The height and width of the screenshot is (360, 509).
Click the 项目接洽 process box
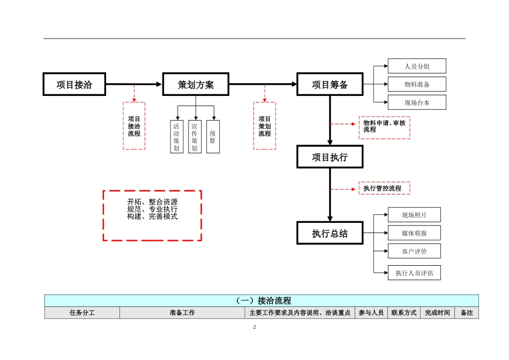(74, 85)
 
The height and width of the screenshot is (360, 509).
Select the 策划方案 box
(196, 85)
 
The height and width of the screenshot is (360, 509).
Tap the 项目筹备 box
(330, 85)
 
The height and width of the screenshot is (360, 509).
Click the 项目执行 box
(330, 157)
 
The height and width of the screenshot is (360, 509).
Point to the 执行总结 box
(330, 234)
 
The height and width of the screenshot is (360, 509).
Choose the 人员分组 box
(417, 66)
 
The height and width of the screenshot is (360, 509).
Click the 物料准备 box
(417, 85)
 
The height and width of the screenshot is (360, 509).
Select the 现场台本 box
(417, 102)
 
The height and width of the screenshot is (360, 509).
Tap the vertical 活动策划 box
(176, 137)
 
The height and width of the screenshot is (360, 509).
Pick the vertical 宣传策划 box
(194, 137)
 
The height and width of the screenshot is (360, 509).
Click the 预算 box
(213, 137)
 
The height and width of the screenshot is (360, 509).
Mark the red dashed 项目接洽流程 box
(134, 126)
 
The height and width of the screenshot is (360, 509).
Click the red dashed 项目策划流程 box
(265, 126)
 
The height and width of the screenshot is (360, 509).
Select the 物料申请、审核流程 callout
(384, 127)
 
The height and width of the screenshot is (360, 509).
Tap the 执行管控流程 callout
(384, 189)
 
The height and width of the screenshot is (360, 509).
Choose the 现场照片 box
(414, 215)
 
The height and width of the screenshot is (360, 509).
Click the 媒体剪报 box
(414, 233)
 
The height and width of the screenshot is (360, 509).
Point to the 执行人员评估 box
(414, 273)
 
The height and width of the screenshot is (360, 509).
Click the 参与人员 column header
(371, 313)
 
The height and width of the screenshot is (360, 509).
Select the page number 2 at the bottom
(254, 327)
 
